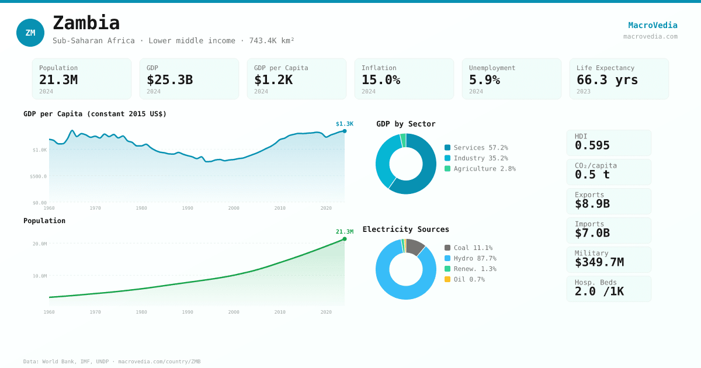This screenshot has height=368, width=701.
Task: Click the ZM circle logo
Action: (30, 33)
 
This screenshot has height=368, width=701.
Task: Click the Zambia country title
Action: (86, 23)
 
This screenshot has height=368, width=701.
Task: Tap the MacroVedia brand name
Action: (653, 25)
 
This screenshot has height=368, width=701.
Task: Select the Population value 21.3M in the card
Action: (58, 80)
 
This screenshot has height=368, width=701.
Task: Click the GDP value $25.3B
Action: (169, 80)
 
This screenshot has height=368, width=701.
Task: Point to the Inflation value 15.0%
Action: (381, 80)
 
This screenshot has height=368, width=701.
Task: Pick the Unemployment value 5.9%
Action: (484, 80)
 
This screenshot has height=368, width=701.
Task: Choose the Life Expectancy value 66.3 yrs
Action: (607, 80)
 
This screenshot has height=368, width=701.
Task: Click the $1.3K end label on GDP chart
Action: (345, 124)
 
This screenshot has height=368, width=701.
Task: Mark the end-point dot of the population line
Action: (345, 239)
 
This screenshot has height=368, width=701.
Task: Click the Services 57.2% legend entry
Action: (476, 148)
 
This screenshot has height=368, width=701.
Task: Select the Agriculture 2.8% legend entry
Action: (480, 169)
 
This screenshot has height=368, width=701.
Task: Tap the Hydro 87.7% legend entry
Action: (470, 258)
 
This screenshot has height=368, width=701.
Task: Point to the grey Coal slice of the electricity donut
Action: (415, 247)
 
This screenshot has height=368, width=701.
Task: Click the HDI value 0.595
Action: (592, 145)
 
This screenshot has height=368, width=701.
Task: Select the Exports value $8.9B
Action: (592, 204)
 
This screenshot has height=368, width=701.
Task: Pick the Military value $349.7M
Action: (599, 262)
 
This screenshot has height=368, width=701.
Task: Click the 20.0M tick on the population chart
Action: (40, 244)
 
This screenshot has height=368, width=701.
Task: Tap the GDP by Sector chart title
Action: (406, 124)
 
